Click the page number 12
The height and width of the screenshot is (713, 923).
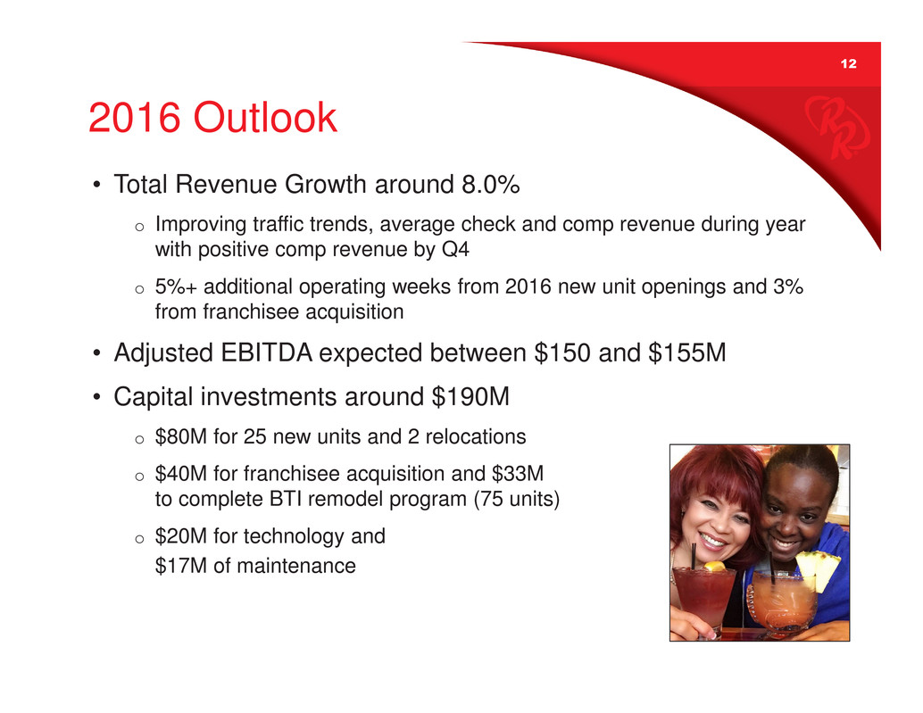click(848, 63)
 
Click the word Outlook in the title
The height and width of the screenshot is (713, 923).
click(265, 117)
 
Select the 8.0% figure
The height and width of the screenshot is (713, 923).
click(490, 184)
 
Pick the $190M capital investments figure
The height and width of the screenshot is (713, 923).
click(470, 396)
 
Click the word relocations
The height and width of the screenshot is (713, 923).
click(476, 437)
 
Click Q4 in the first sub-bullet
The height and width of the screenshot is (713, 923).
click(455, 250)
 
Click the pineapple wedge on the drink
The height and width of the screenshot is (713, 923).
click(819, 568)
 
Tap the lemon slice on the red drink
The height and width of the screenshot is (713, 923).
click(714, 567)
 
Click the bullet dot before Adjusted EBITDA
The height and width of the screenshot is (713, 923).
click(96, 353)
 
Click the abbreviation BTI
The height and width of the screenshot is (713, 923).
click(286, 500)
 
